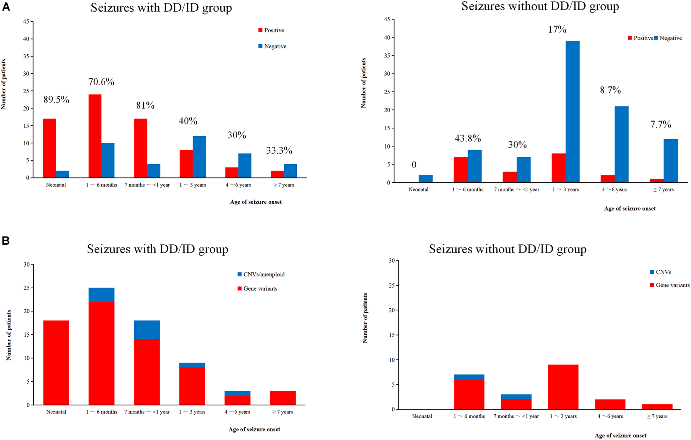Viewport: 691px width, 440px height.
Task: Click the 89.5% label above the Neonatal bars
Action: pos(56,99)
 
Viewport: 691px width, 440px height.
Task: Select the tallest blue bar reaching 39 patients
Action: pos(572,112)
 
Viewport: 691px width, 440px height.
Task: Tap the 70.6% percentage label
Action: pos(101,82)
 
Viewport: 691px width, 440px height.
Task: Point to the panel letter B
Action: pos(6,240)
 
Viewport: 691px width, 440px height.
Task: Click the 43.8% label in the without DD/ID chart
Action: pos(467,138)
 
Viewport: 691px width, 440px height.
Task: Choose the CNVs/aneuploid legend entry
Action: pos(261,274)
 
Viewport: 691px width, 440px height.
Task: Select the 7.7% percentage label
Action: pos(660,124)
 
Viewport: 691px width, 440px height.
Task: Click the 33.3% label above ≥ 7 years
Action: pos(279,150)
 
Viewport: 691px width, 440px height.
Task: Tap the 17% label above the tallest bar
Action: pos(557,29)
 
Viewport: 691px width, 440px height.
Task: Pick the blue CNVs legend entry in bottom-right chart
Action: pos(660,272)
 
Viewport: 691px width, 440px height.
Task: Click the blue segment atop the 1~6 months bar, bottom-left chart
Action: pos(101,294)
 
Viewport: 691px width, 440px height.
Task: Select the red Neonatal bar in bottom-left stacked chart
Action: pos(56,363)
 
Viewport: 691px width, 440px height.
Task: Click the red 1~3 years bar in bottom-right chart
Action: pos(563,387)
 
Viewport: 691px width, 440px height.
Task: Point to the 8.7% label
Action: pos(610,90)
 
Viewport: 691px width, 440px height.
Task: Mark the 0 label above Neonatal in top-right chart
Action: pos(414,164)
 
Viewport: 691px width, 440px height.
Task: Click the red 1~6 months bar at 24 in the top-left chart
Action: pos(95,136)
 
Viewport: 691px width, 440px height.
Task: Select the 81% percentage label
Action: pos(145,105)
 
